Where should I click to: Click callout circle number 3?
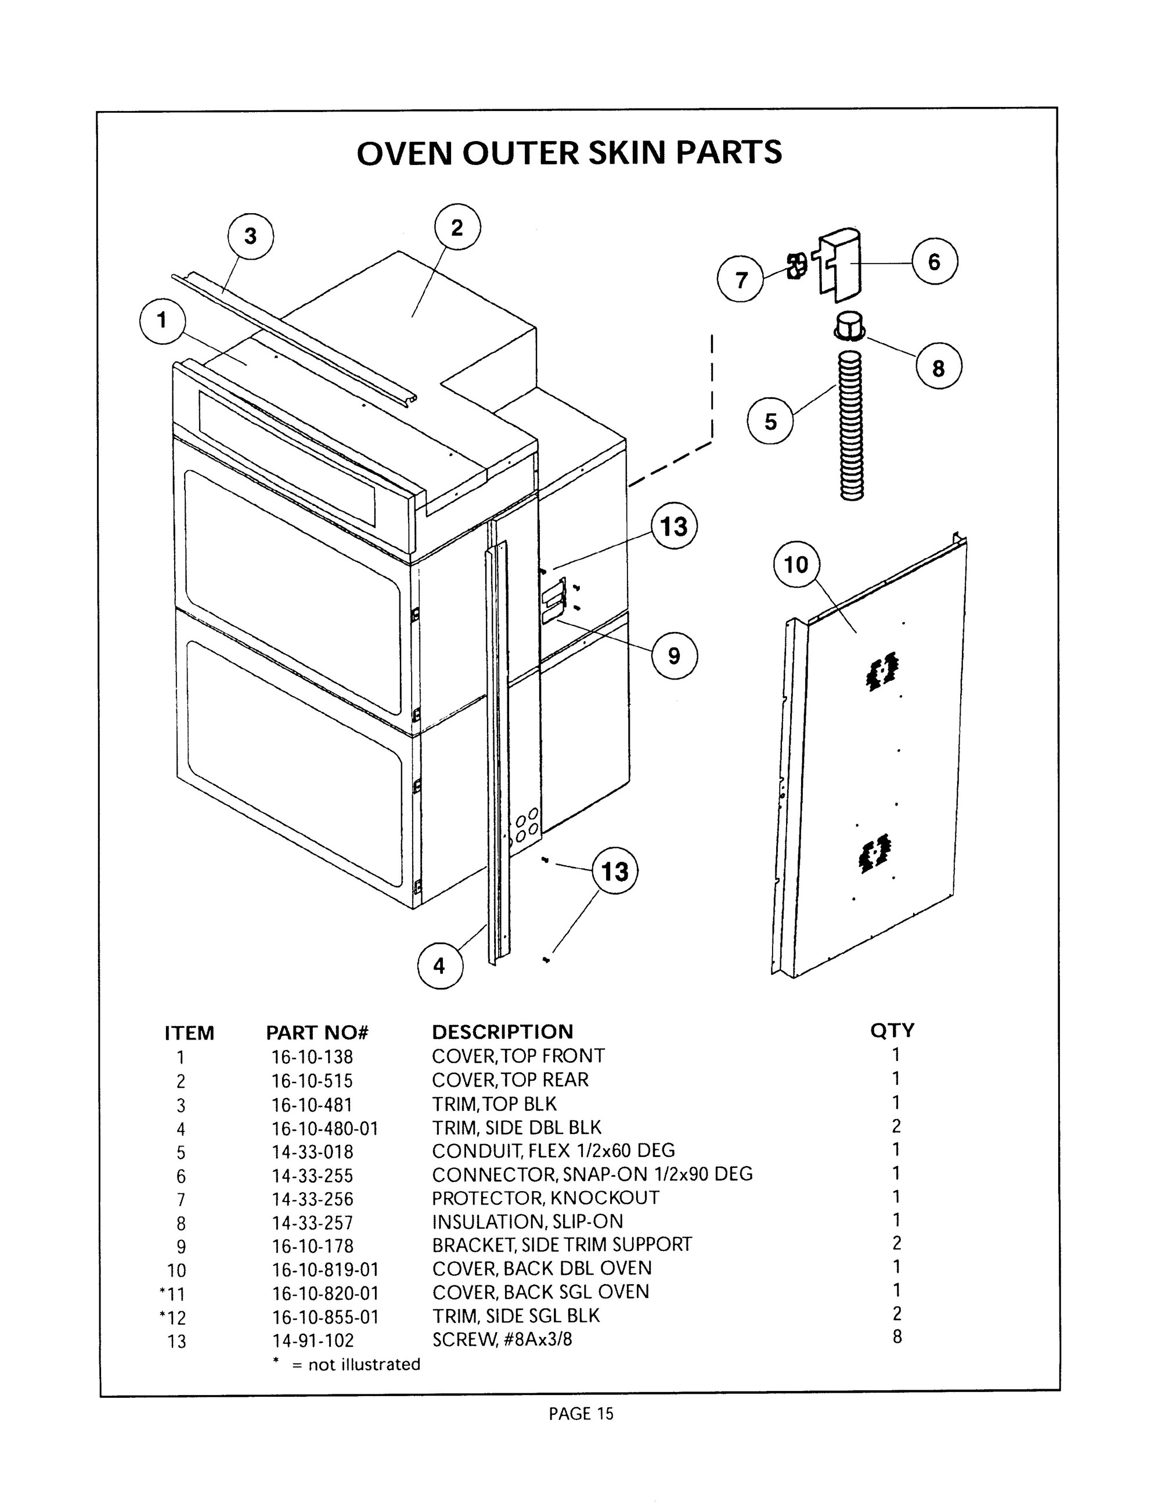250,236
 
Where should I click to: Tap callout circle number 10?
796,565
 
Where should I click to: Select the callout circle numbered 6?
934,261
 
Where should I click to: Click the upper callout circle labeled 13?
674,527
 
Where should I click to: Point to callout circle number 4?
440,966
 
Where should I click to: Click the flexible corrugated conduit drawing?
852,425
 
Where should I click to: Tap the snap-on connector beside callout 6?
841,264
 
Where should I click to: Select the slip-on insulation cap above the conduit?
850,325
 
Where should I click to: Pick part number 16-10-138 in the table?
312,1056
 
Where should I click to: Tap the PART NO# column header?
317,1032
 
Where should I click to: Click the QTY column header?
892,1030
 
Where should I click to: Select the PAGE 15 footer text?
580,1414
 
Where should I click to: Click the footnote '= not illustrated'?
356,1364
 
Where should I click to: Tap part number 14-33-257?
312,1222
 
